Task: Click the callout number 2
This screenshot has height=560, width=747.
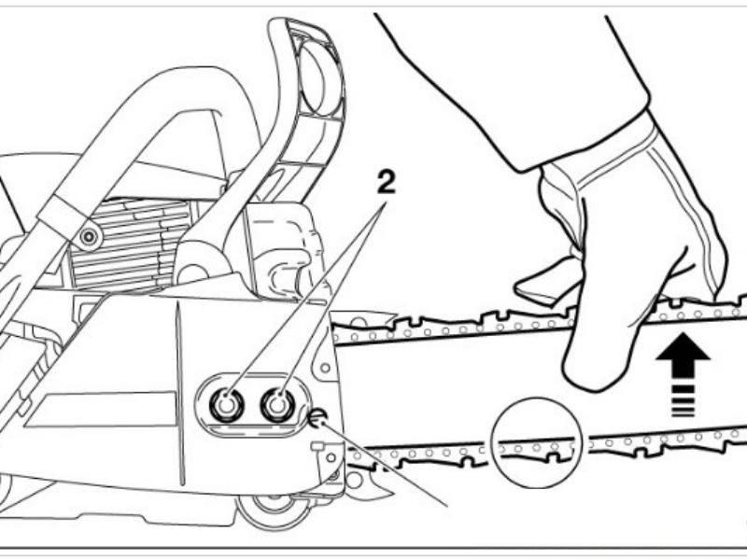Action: pyautogui.click(x=386, y=183)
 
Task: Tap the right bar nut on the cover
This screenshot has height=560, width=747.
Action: pyautogui.click(x=277, y=404)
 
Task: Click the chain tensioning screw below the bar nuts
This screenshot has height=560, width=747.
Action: pyautogui.click(x=317, y=418)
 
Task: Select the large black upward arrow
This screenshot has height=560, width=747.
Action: pyautogui.click(x=683, y=353)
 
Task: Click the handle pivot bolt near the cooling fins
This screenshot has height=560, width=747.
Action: pyautogui.click(x=88, y=236)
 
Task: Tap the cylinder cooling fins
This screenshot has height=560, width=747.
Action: pyautogui.click(x=129, y=245)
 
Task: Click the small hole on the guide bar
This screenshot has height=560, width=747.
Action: pyautogui.click(x=325, y=368)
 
